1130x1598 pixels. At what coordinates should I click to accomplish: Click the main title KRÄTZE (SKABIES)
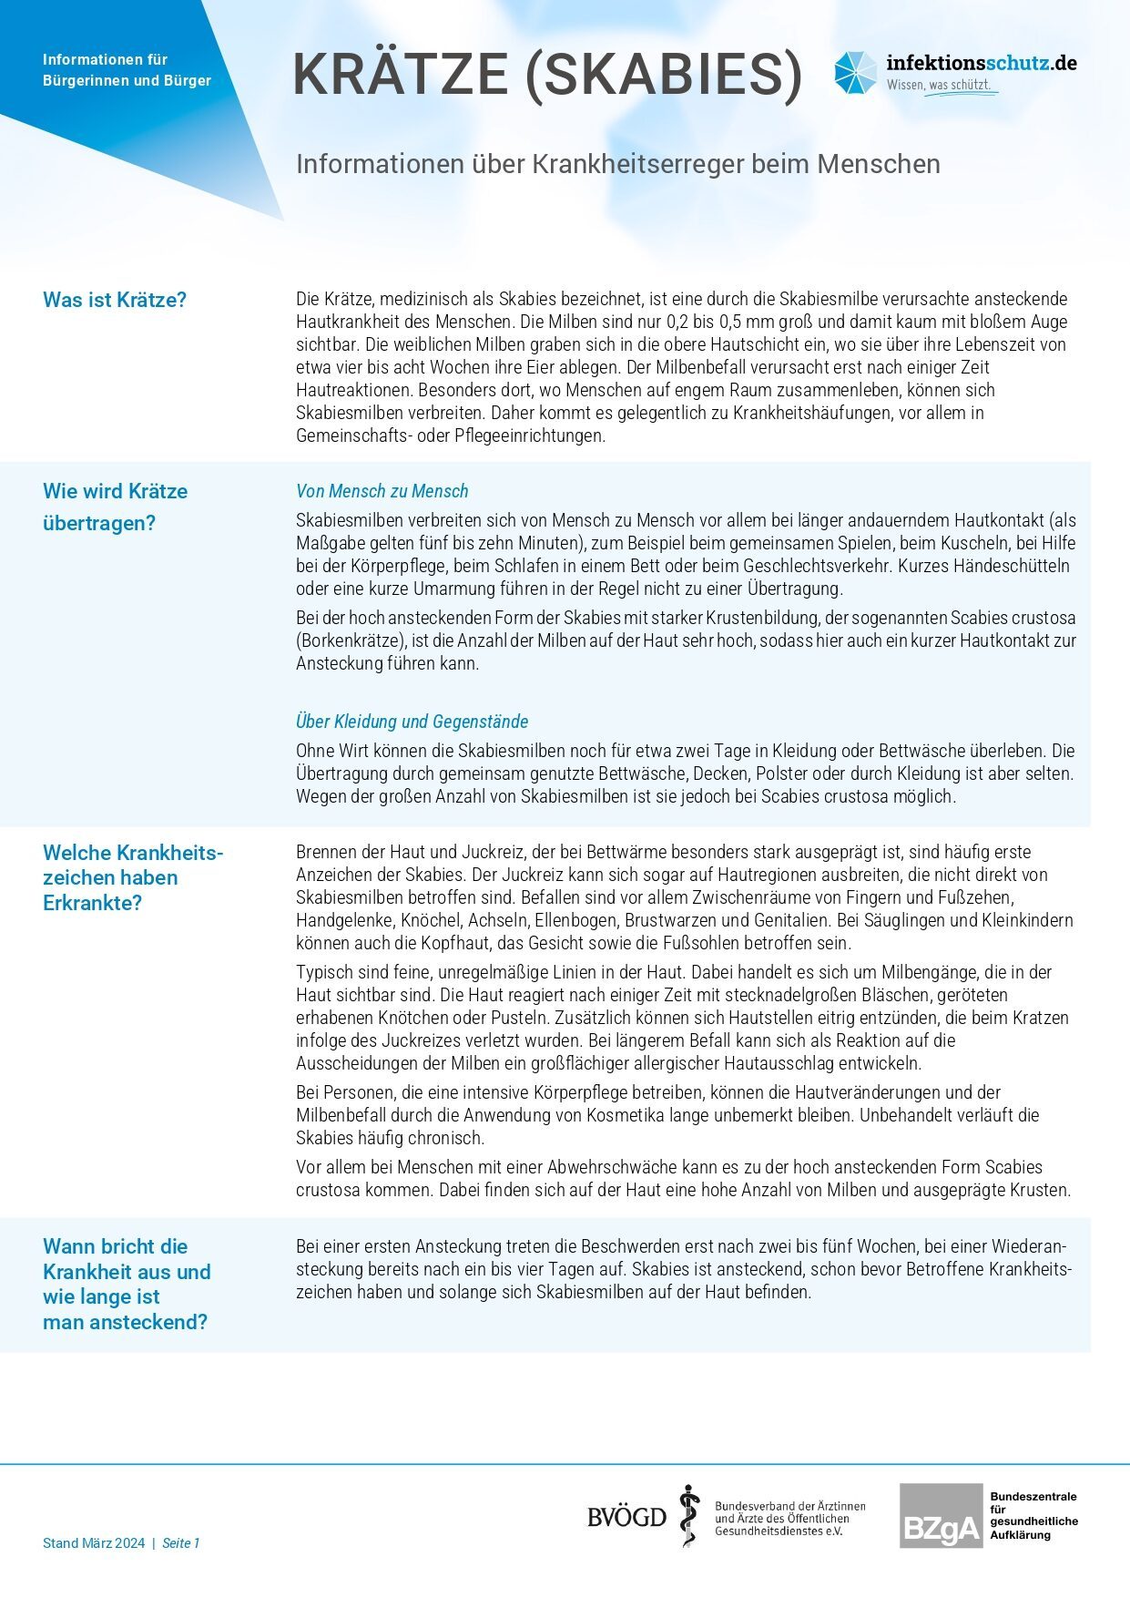tap(547, 74)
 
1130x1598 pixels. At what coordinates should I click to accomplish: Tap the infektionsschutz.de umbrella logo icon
tap(855, 73)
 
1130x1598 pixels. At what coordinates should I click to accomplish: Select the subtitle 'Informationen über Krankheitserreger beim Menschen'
tap(617, 164)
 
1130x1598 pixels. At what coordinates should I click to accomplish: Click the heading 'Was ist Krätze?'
tap(115, 300)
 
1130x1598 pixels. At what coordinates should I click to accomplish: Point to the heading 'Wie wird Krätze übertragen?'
tap(115, 507)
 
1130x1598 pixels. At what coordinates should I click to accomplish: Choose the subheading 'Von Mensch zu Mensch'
tap(382, 491)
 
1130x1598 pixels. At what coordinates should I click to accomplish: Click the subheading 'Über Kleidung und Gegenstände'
tap(412, 722)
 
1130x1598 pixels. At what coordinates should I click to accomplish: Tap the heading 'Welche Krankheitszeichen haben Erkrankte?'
tap(133, 877)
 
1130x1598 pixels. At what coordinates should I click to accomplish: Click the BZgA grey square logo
tap(941, 1516)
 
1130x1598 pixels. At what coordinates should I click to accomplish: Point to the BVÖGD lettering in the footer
tap(626, 1517)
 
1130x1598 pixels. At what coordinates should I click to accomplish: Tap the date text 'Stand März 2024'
tap(94, 1543)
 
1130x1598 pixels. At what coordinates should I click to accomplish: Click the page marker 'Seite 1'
tap(180, 1543)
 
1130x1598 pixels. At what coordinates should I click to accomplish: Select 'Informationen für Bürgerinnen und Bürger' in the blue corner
tap(127, 70)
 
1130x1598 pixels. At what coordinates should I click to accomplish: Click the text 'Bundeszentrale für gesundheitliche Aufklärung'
tap(1033, 1516)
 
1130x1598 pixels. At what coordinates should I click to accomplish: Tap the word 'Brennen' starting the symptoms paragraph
tap(325, 852)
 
